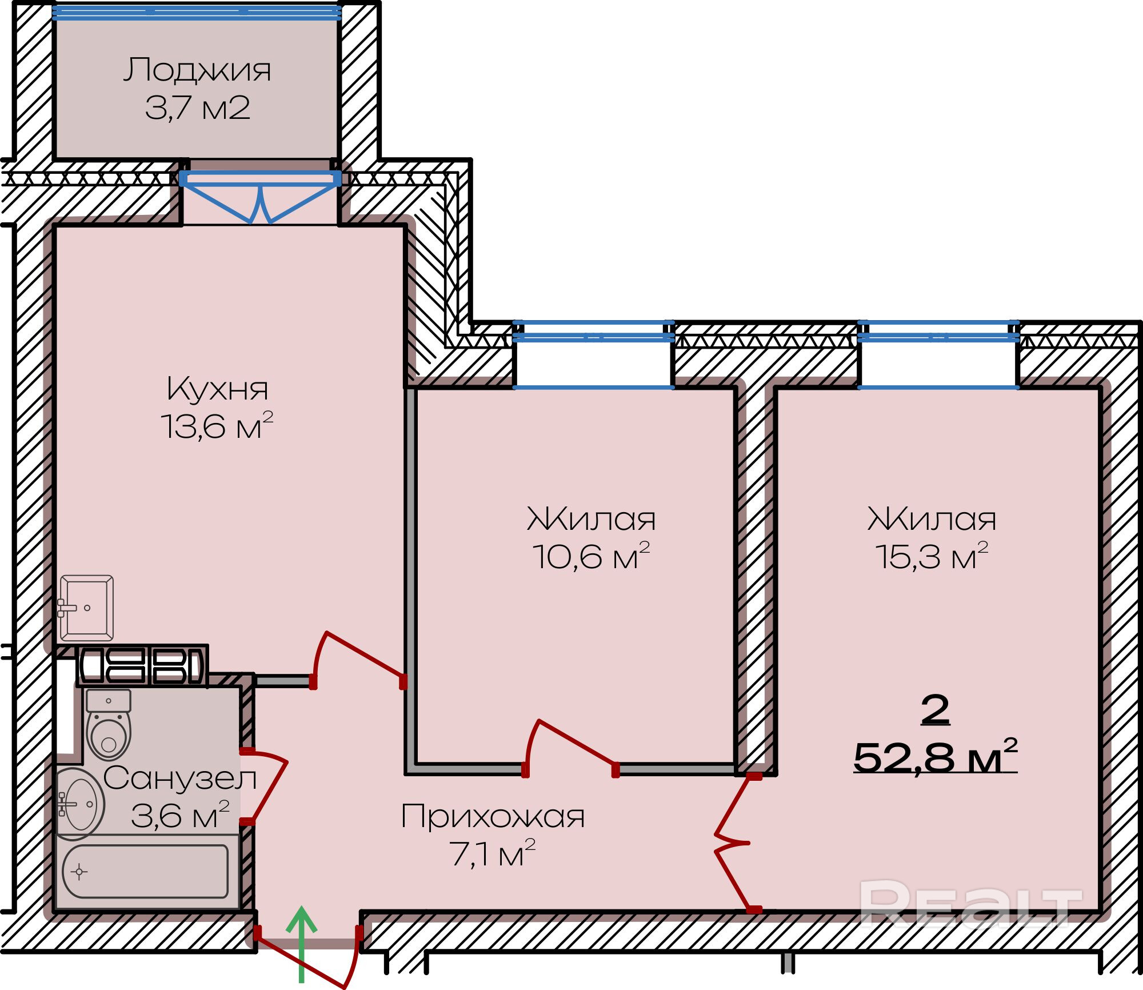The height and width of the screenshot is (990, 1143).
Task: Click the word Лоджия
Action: pos(197,70)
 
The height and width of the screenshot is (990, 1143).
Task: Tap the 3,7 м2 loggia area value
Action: pos(197,107)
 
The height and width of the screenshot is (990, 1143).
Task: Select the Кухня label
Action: pos(217,389)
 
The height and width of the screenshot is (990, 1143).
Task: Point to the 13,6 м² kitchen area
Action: pos(217,426)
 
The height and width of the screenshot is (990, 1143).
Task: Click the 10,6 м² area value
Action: pos(591,556)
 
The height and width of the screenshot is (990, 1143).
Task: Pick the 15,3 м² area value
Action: pos(932,556)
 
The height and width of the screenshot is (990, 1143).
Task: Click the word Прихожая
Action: pos(493,816)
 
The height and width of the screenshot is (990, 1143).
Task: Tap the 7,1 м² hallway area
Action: pos(493,854)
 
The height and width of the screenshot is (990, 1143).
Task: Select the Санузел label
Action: pos(179,779)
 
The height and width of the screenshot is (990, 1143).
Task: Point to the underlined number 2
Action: pos(935,710)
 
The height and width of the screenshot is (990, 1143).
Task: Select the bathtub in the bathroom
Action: pos(146,872)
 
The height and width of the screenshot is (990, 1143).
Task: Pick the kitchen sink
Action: pos(87,608)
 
